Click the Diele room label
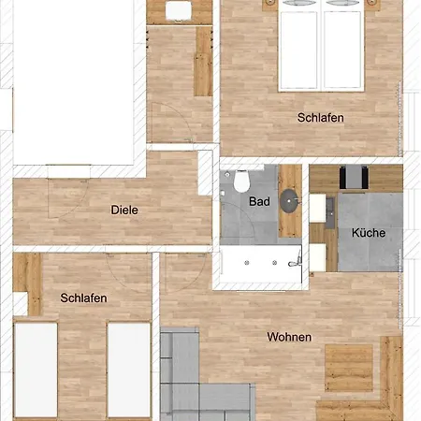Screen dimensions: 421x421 [x=124, y=210]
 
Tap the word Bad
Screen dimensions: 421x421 [x=259, y=201]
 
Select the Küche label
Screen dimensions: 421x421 [x=368, y=233]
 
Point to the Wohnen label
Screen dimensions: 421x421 [x=289, y=337]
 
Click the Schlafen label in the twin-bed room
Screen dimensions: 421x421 [x=83, y=298]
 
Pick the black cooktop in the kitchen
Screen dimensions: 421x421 [x=353, y=177]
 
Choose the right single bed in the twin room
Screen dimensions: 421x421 [x=128, y=370]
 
